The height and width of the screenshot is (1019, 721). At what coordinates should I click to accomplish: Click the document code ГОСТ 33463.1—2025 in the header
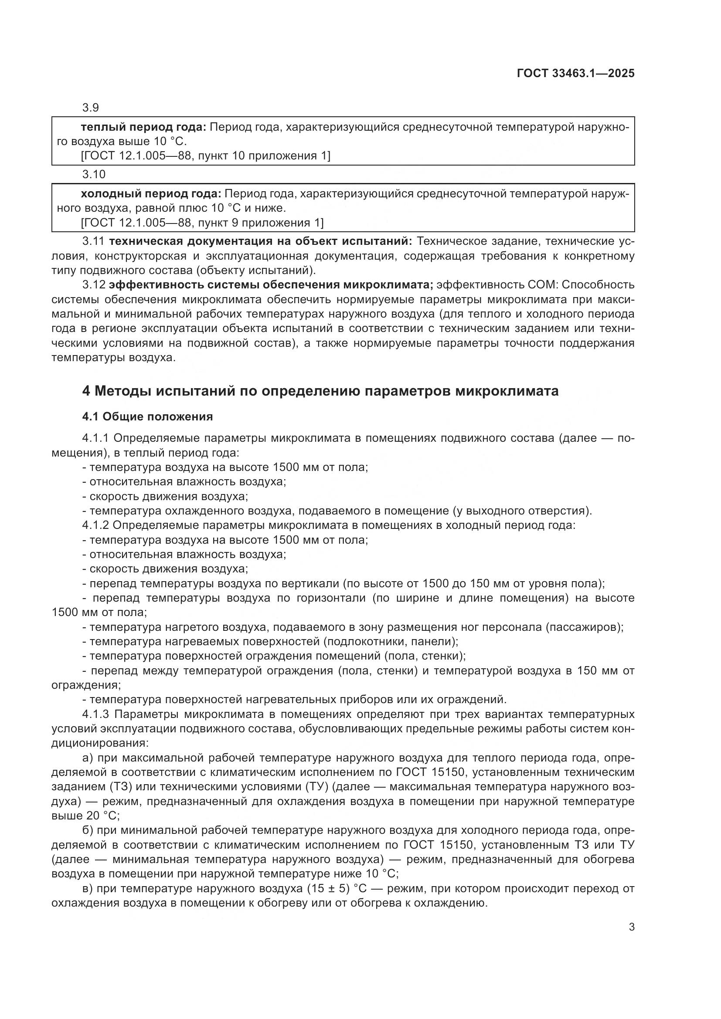[575, 73]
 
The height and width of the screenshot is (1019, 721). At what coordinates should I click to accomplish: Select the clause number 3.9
[90, 108]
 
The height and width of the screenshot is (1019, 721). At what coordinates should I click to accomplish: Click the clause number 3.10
[94, 174]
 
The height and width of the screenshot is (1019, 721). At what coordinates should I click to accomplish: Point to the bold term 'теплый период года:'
[143, 127]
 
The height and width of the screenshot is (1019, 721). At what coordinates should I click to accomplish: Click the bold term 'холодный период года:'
[150, 194]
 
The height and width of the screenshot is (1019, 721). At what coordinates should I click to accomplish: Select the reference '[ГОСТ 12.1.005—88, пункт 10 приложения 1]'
[206, 156]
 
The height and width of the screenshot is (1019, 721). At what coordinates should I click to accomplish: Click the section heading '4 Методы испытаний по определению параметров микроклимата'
[320, 391]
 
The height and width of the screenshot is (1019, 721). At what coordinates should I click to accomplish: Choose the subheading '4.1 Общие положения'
[147, 416]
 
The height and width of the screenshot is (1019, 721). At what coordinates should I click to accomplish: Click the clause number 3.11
[93, 241]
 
